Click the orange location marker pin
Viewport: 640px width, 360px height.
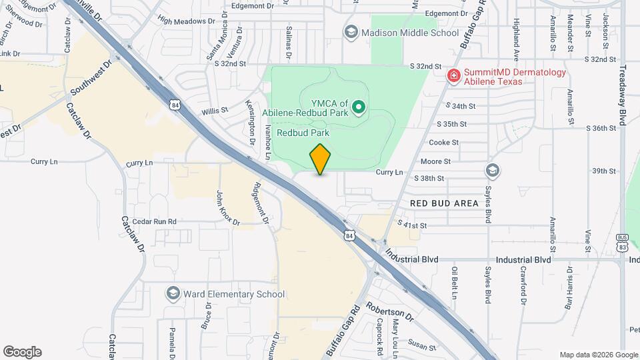(x=321, y=159)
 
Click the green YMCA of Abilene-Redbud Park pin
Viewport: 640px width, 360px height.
(x=359, y=107)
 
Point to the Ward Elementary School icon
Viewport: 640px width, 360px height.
(x=173, y=294)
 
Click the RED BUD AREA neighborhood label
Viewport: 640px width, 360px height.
(x=445, y=203)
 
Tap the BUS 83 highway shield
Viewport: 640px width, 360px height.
(x=623, y=242)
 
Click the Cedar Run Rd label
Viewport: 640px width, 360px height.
(x=154, y=221)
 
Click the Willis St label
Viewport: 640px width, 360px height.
(x=216, y=109)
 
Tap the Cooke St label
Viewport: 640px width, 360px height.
(x=444, y=143)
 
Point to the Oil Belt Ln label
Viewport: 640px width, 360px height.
(x=455, y=284)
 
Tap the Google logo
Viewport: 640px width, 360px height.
(x=22, y=352)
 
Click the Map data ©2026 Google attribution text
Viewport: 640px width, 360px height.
(x=598, y=355)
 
